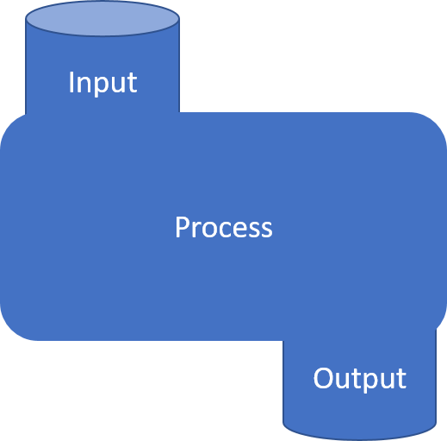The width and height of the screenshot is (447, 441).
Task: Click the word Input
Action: (102, 83)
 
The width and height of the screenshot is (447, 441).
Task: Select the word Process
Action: (224, 227)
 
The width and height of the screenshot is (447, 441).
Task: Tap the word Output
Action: (360, 379)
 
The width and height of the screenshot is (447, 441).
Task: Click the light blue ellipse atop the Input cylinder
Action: (102, 18)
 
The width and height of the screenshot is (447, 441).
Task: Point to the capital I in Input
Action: (71, 82)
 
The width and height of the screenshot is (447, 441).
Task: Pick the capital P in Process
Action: (182, 227)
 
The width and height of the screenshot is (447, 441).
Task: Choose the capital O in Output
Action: (323, 378)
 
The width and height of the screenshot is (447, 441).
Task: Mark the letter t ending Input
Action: (133, 84)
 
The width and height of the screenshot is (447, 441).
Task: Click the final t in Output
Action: (402, 380)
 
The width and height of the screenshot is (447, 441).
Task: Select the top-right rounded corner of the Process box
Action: (437, 123)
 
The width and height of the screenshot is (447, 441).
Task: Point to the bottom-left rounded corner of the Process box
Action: (11, 330)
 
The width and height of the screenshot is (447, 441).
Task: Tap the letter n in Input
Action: (84, 85)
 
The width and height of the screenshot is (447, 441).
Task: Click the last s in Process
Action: (267, 230)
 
